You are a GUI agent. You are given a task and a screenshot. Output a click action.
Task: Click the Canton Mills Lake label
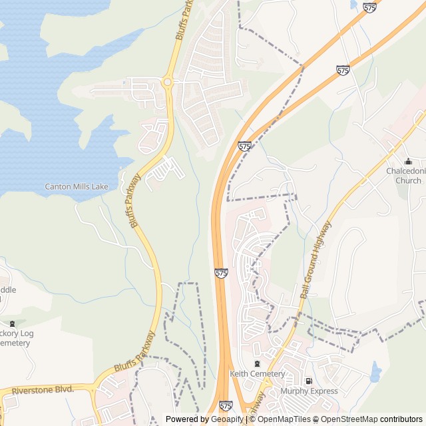pyautogui.click(x=77, y=186)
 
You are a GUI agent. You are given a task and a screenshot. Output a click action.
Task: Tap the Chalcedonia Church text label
pyautogui.click(x=404, y=176)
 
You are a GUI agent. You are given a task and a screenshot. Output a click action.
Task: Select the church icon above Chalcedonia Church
pyautogui.click(x=408, y=162)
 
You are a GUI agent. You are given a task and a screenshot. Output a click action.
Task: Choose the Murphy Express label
pyautogui.click(x=309, y=391)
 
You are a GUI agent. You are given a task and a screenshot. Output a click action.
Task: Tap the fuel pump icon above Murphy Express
pyautogui.click(x=308, y=381)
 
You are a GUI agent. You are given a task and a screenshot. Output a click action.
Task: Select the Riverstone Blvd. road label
pyautogui.click(x=43, y=389)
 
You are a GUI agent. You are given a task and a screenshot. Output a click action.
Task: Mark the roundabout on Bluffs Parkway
pyautogui.click(x=167, y=83)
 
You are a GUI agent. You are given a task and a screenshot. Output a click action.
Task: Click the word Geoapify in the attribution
pyautogui.click(x=228, y=419)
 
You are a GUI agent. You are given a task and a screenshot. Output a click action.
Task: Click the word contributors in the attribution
pyautogui.click(x=401, y=419)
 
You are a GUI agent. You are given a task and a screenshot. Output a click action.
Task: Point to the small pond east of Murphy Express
pyautogui.click(x=376, y=372)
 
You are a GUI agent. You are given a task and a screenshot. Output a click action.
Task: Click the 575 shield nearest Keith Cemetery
pyautogui.click(x=226, y=405)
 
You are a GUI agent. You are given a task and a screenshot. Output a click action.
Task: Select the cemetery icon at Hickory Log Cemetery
pyautogui.click(x=12, y=323)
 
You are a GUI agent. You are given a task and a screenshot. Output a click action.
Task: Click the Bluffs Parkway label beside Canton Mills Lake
pyautogui.click(x=135, y=200)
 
